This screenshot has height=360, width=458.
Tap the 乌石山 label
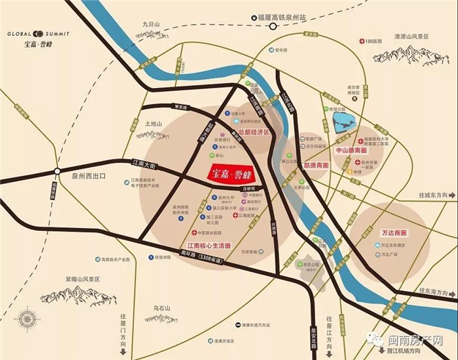click(162, 308)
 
